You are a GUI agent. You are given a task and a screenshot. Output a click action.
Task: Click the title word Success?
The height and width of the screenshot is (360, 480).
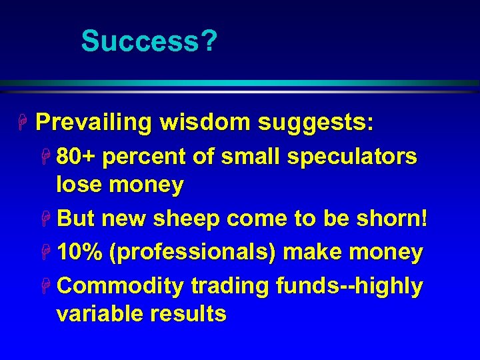[149, 41]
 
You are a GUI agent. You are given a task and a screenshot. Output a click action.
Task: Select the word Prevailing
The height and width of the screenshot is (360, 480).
[93, 123]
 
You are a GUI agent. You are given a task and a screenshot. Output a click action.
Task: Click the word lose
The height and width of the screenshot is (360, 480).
[78, 185]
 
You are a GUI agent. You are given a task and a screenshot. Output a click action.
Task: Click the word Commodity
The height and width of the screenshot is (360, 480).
[120, 287]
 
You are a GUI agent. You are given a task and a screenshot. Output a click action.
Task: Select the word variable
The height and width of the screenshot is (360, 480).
[99, 313]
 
